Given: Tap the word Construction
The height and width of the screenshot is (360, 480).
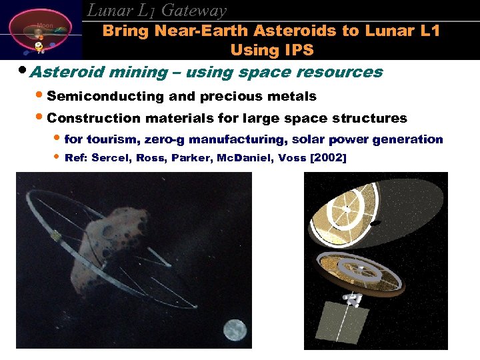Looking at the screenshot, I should pos(94,118).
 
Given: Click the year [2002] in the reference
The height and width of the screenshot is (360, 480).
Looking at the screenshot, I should pos(323,157).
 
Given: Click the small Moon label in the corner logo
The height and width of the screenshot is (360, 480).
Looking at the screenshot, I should pos(45,25).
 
